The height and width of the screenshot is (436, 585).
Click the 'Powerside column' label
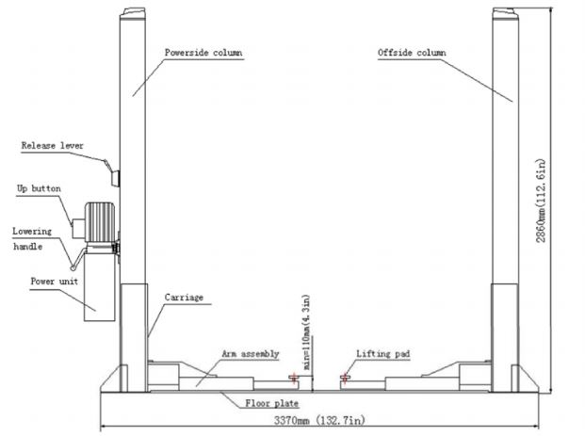pos(203,53)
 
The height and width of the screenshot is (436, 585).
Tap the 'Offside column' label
pos(412,53)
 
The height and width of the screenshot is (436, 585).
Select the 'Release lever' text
pos(52,145)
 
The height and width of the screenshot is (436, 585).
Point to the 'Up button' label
pos(39,188)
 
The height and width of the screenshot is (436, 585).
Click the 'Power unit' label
pos(55,282)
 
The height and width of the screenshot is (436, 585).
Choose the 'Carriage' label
pos(184,298)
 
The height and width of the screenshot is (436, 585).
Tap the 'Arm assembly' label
pos(251,353)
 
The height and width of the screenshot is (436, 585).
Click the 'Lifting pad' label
pos(382,353)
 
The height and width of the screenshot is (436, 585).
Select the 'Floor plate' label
pos(272,403)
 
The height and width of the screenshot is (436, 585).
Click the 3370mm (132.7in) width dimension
pos(319,420)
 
